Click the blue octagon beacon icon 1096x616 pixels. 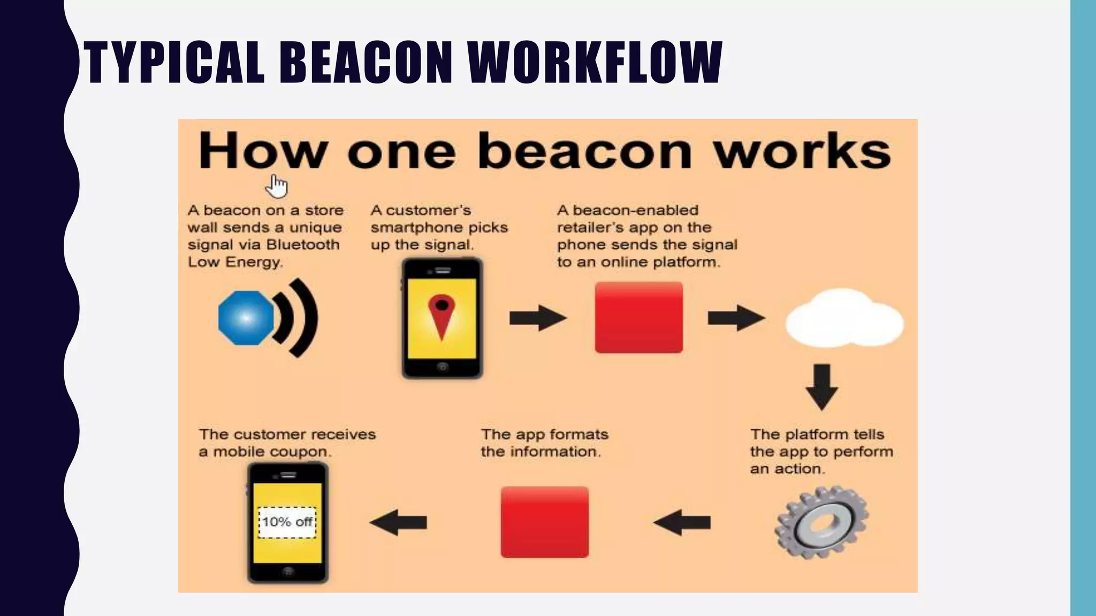tap(246, 318)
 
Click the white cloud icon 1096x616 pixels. tap(844, 319)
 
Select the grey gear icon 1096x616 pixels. tap(821, 522)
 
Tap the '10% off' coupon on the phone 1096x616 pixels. tap(287, 522)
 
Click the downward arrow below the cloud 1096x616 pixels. tap(821, 387)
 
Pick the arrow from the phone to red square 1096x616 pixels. tap(537, 318)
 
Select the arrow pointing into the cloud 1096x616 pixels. tap(736, 318)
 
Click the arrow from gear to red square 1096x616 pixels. tap(682, 522)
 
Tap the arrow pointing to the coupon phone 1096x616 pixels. tap(398, 522)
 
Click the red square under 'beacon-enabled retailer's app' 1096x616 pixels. tap(639, 318)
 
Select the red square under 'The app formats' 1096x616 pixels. tap(545, 522)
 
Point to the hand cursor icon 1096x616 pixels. tap(278, 186)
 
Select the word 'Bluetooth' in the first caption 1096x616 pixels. tap(303, 245)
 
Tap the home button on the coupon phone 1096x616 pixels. tap(288, 571)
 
